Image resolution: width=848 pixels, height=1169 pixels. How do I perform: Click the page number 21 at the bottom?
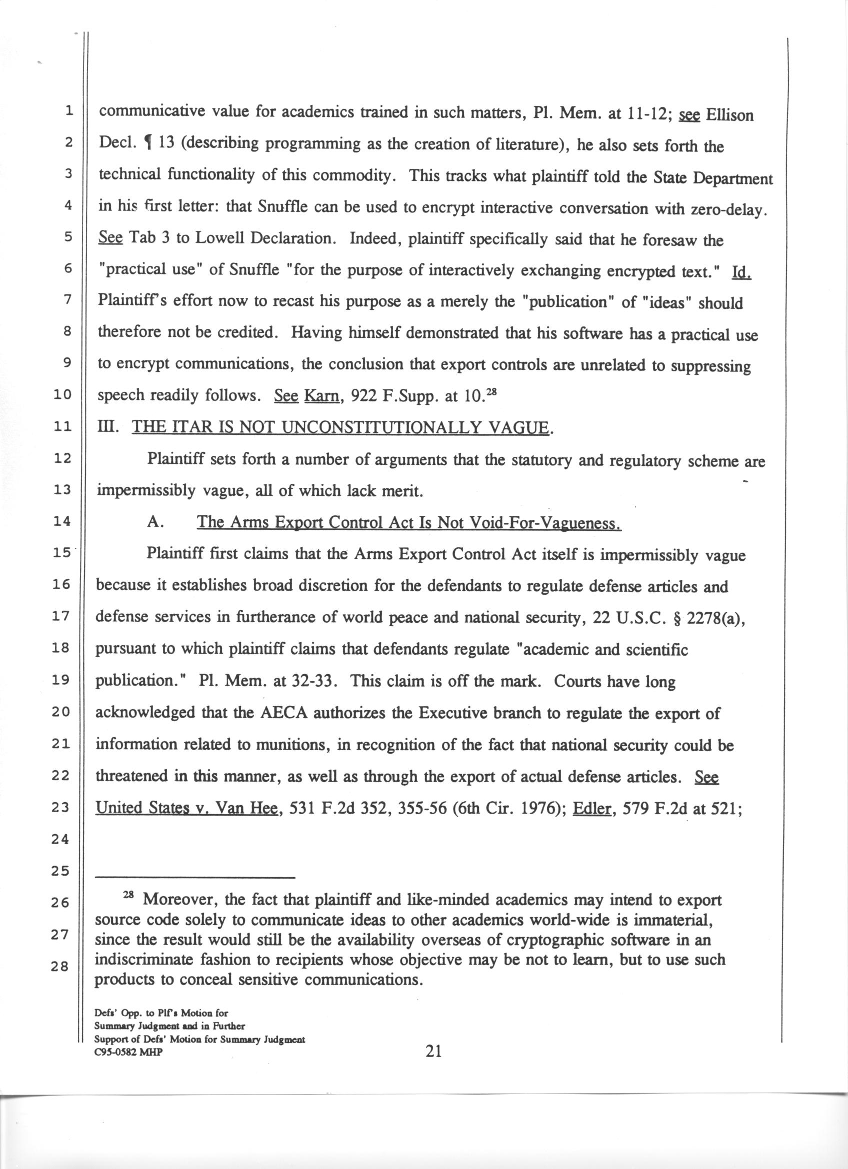[x=433, y=1051]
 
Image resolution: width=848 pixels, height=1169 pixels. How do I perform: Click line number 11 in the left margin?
[x=62, y=427]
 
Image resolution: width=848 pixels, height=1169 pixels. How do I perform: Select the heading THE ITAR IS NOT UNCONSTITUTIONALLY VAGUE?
[x=340, y=427]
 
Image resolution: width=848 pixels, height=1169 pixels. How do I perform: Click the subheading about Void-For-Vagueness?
[x=409, y=523]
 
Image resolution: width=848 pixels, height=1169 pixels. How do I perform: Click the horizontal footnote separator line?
[x=195, y=878]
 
